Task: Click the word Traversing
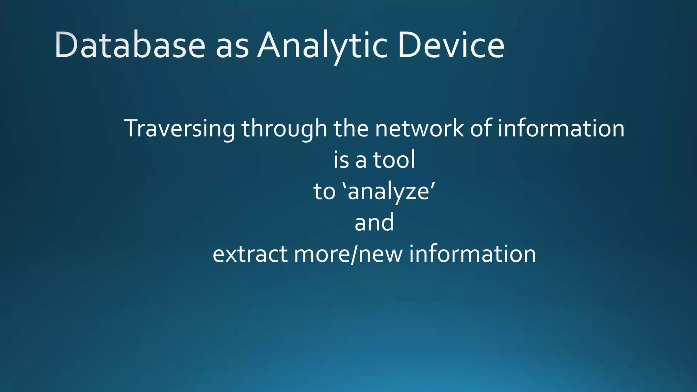pos(179,129)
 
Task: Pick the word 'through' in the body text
pos(285,129)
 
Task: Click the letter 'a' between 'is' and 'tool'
pos(361,161)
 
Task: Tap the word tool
pos(394,160)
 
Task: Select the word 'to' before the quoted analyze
pos(324,191)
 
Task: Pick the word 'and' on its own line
pos(374,223)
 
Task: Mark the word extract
pos(250,254)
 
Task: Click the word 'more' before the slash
pos(321,255)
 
